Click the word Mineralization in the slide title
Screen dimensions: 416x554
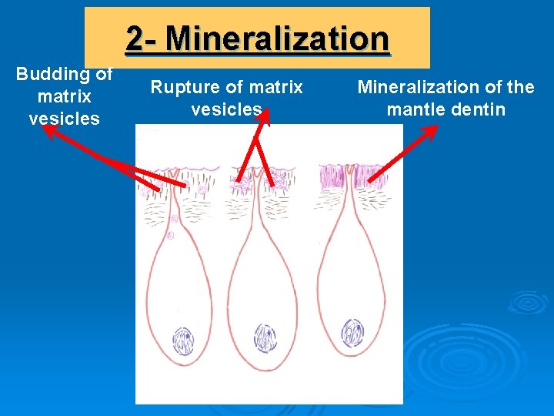278,39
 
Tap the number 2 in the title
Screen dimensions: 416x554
134,39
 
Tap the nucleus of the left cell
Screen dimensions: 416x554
183,341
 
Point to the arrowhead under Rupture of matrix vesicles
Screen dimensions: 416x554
265,116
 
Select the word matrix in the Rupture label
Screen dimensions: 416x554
277,88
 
